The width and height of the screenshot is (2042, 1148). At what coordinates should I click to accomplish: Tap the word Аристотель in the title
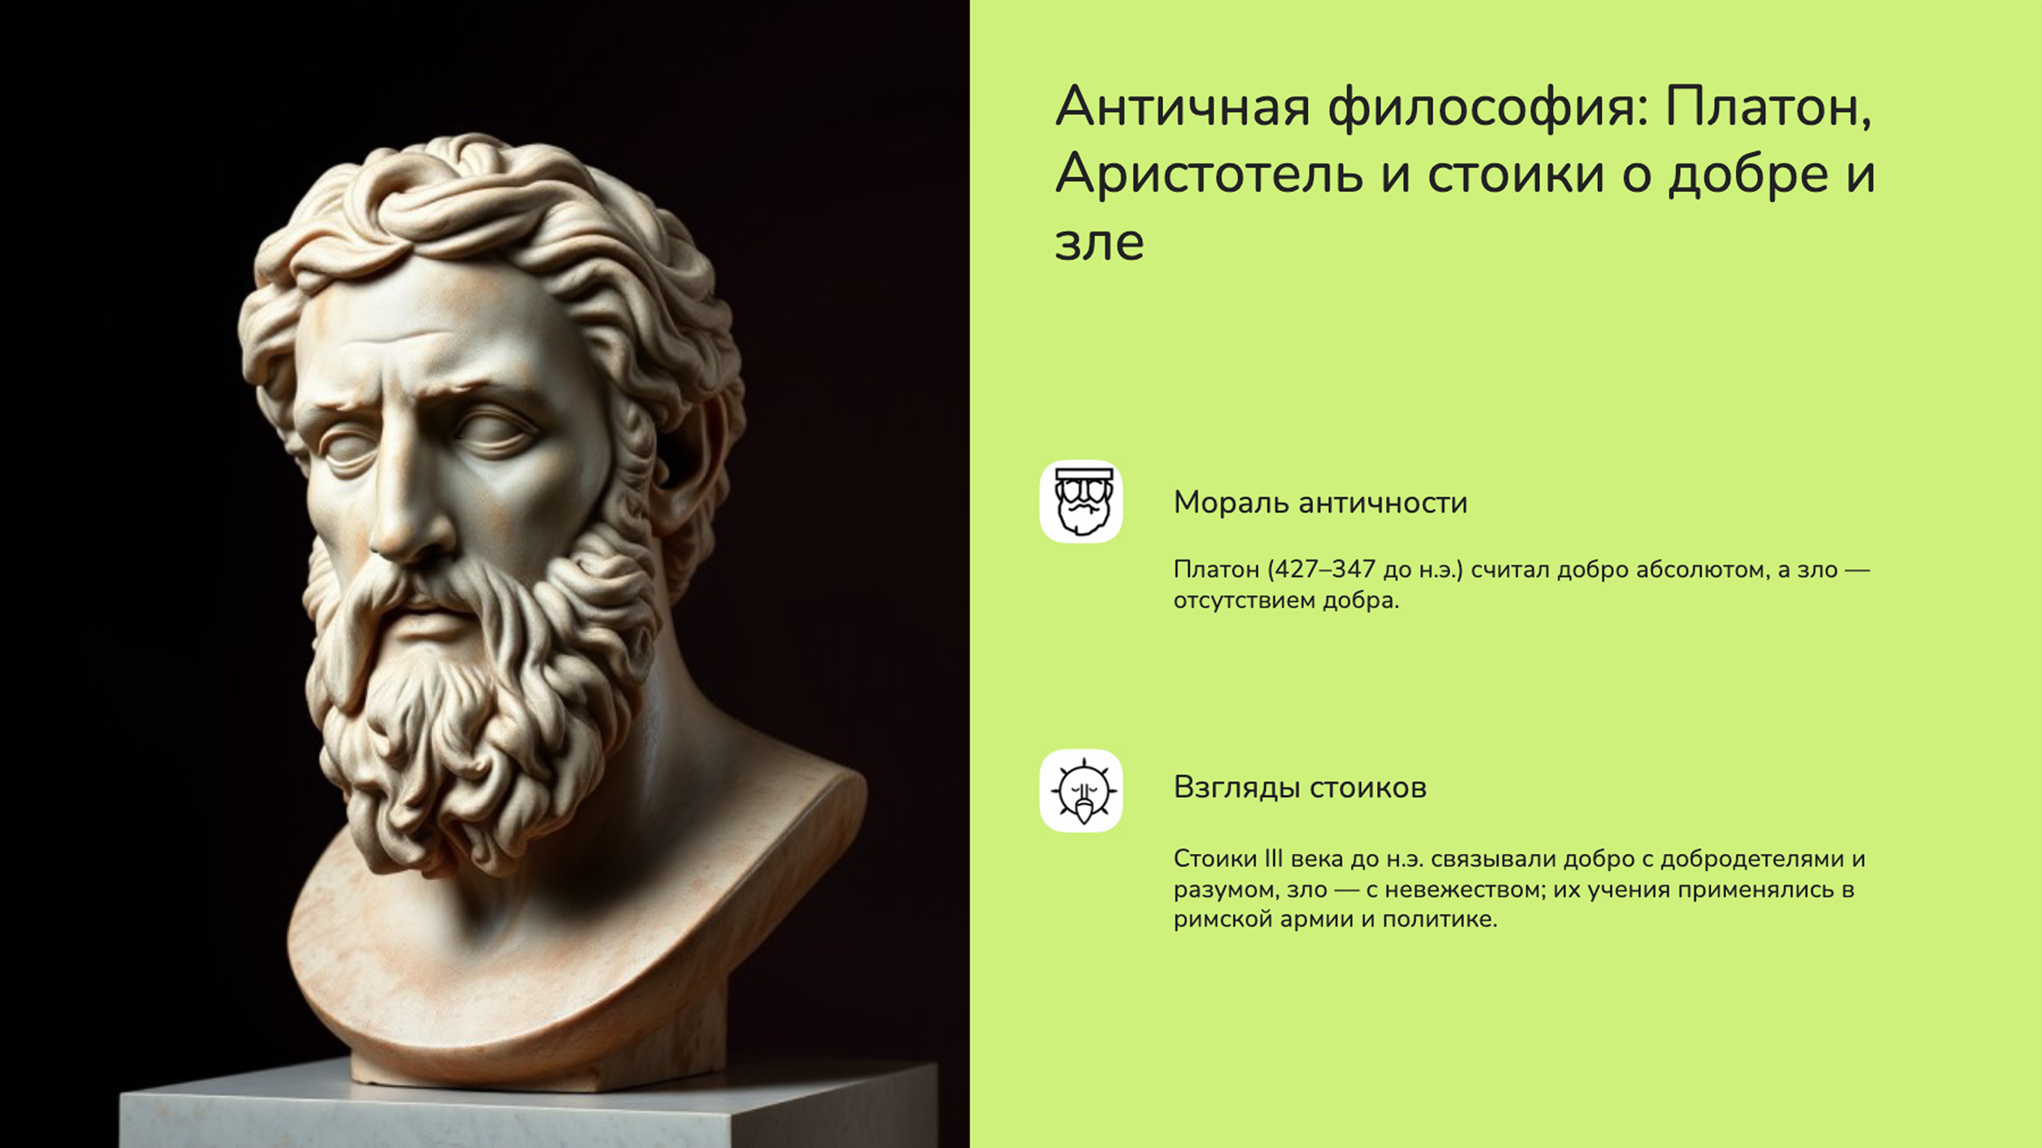[1208, 174]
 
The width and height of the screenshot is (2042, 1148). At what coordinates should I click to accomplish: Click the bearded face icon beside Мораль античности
[1081, 502]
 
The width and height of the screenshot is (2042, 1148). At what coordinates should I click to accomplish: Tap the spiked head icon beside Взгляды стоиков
[1081, 791]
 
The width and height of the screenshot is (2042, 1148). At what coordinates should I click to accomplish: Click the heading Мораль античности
[1320, 503]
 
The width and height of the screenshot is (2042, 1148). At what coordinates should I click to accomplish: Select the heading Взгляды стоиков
[1300, 787]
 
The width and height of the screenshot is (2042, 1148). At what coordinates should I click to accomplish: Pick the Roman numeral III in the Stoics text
[1272, 859]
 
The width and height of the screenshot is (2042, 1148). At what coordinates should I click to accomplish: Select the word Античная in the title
[1182, 107]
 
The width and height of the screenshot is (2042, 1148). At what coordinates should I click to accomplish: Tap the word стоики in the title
[1516, 174]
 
